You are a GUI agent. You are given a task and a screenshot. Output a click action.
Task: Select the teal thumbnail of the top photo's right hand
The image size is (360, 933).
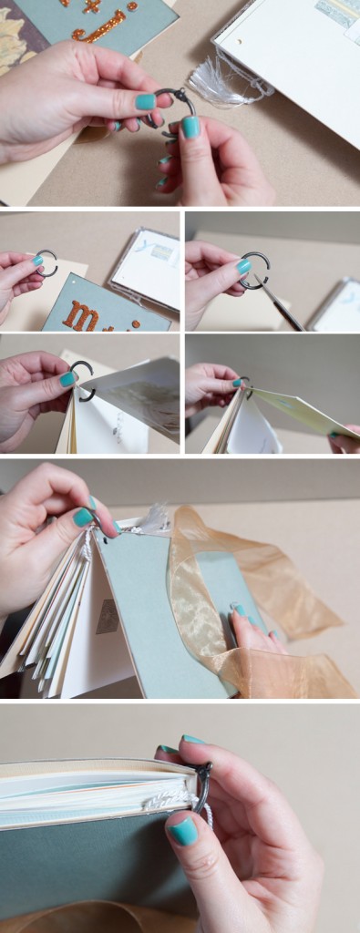190,127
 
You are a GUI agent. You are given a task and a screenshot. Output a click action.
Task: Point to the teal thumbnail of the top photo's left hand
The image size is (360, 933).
145,101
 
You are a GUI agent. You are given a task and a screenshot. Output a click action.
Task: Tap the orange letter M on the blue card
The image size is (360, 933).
83,317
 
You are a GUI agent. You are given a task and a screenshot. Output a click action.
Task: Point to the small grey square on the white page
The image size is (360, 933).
108,616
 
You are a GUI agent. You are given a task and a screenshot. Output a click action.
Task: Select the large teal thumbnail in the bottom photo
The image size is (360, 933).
183,829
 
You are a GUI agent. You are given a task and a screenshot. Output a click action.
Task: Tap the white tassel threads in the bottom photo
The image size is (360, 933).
173,800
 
